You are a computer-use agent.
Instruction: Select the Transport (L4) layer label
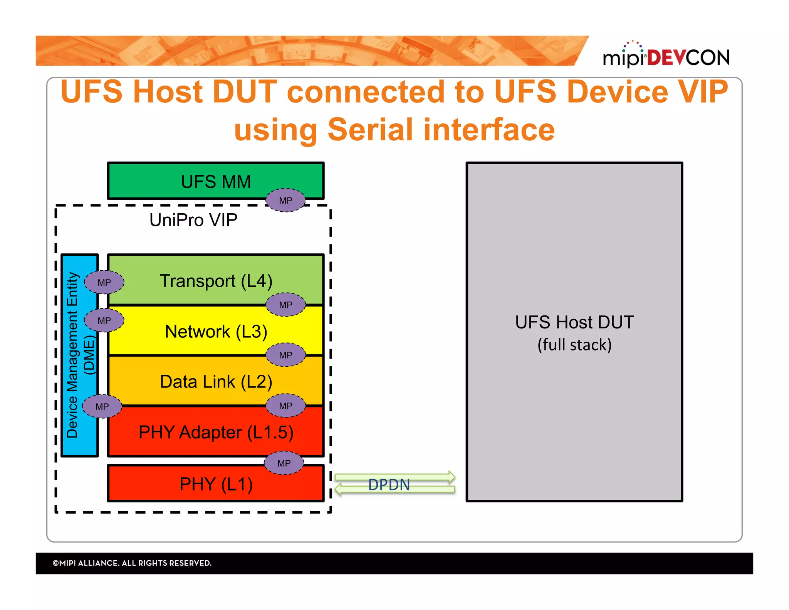click(216, 281)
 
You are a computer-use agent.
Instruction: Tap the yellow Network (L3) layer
click(216, 332)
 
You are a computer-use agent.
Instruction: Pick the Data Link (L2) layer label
click(216, 382)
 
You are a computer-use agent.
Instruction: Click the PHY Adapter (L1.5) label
click(216, 432)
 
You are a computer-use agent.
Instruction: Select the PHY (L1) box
click(216, 484)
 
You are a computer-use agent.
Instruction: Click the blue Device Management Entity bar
click(79, 355)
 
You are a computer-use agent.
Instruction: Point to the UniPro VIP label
click(193, 220)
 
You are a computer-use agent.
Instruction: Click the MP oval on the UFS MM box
click(285, 201)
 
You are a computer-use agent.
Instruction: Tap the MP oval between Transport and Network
click(285, 305)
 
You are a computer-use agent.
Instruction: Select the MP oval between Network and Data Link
click(285, 355)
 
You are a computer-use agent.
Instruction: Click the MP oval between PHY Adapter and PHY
click(284, 463)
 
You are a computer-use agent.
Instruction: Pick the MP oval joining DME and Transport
click(104, 283)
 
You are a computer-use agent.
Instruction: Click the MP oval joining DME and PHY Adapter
click(102, 406)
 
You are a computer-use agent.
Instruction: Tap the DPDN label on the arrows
click(389, 485)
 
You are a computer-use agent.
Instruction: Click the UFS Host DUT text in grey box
click(574, 322)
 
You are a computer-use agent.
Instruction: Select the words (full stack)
click(574, 345)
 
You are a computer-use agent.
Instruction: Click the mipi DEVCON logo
click(666, 56)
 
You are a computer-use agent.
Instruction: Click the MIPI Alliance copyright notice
click(132, 563)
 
